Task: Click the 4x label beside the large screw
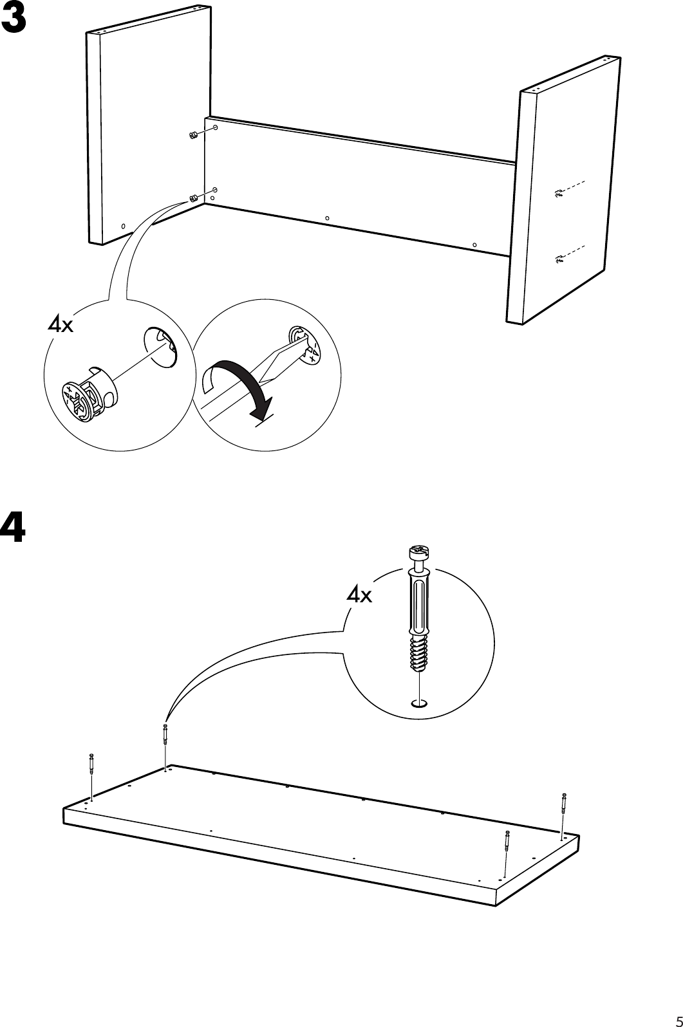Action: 359,595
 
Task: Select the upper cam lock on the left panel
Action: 191,135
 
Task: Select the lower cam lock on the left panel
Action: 192,198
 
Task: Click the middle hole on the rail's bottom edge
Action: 327,218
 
